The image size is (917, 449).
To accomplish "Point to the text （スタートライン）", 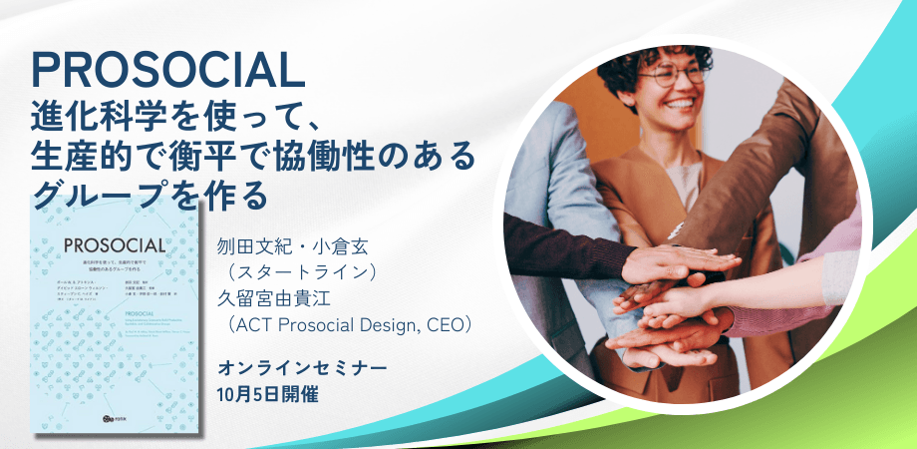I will coord(296,270).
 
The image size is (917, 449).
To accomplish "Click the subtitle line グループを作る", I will coord(151,193).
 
